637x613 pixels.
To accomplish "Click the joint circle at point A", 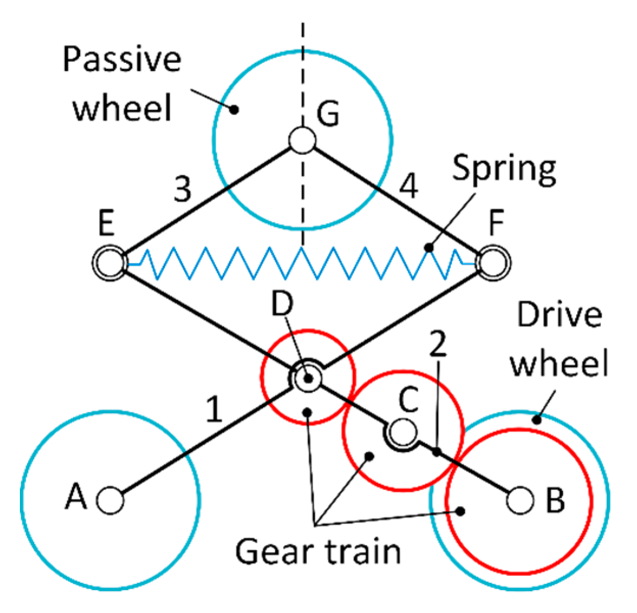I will click(110, 500).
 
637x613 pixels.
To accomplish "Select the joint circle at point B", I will click(520, 500).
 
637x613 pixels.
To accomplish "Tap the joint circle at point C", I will click(403, 432).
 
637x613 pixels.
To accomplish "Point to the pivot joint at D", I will click(308, 379).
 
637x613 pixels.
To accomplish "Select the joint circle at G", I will click(302, 140).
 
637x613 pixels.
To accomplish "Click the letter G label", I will click(327, 113).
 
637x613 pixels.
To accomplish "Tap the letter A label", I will click(76, 497).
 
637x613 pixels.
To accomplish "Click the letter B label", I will click(555, 500).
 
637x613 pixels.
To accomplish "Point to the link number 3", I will click(182, 189).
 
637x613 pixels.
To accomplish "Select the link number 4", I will click(409, 186).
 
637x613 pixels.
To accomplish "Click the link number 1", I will click(215, 409).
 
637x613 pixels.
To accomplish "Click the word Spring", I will click(504, 170).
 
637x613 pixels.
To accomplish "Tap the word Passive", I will click(122, 59).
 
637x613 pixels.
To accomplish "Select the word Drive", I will click(559, 315).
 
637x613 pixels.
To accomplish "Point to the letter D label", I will click(282, 305).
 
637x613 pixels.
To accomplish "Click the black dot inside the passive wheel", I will click(234, 109).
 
